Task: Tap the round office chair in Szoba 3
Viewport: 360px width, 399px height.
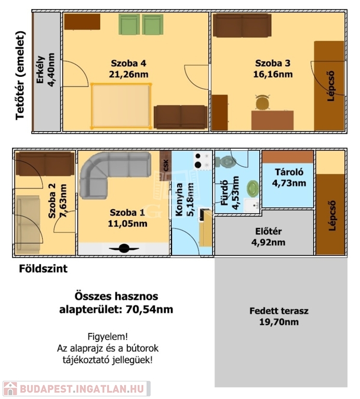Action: click(x=262, y=102)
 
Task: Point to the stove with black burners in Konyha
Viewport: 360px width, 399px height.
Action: click(x=203, y=161)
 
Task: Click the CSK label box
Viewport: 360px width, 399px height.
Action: click(x=166, y=166)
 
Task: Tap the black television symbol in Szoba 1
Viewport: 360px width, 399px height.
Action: click(x=124, y=248)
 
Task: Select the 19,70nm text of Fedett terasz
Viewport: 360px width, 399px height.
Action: click(x=279, y=322)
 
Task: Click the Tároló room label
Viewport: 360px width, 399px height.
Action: click(x=289, y=172)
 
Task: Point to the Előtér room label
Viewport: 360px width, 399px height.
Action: click(x=269, y=232)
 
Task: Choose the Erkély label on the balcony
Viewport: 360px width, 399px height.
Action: click(x=41, y=70)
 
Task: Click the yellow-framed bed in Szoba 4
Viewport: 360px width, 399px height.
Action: click(x=121, y=105)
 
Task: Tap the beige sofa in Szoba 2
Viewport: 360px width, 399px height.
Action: click(x=28, y=224)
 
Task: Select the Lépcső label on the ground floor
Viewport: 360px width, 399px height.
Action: click(x=332, y=216)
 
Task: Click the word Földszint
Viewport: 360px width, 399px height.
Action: click(x=43, y=269)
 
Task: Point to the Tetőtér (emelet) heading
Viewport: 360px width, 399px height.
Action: click(x=20, y=75)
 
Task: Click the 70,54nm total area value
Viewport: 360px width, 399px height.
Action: click(x=149, y=310)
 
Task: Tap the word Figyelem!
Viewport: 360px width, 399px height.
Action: click(x=108, y=337)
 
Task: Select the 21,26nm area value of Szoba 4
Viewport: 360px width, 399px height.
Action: click(x=129, y=74)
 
